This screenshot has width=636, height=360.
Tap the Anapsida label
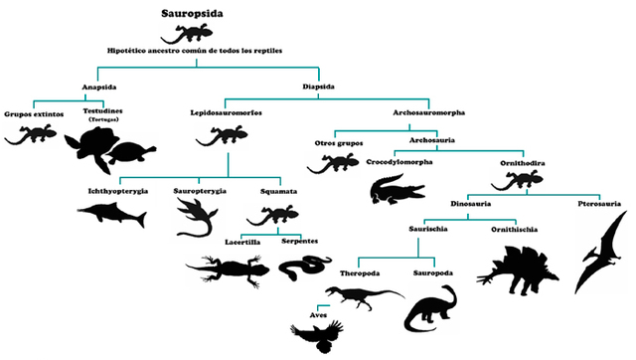(98, 86)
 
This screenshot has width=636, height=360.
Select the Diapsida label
(319, 86)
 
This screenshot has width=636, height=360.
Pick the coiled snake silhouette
(304, 265)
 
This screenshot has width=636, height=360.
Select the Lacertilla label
(244, 242)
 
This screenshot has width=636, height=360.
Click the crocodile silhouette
(397, 188)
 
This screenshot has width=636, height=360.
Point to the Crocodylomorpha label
(399, 162)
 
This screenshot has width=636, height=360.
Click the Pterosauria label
(599, 205)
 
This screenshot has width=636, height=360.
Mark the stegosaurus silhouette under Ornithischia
(517, 263)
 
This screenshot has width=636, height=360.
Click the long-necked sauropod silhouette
(430, 308)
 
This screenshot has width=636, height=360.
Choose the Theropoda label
(359, 271)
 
